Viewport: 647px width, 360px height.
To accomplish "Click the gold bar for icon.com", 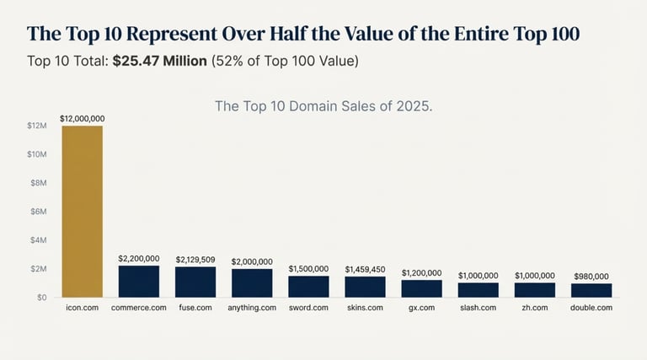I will [82, 211].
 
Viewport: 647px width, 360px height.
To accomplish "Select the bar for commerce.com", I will [139, 281].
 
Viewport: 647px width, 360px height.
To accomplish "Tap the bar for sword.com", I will [308, 286].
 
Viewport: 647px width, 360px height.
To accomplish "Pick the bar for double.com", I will [591, 290].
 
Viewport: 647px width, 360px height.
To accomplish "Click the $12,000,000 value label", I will [82, 120].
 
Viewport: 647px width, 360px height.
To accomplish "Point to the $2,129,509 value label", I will [195, 260].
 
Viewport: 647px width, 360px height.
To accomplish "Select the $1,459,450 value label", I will [365, 270].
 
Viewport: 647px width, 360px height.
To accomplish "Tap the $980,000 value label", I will [591, 276].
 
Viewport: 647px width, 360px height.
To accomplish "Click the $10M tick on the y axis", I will [37, 154].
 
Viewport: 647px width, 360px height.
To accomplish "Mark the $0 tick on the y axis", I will [41, 298].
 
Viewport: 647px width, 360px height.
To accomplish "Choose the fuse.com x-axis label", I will [195, 309].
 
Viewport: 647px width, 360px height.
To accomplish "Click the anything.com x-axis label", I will [252, 309].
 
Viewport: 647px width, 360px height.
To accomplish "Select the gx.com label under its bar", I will [421, 309].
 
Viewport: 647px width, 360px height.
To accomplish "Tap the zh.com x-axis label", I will [535, 309].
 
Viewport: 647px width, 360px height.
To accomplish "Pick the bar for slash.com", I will [479, 289].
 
